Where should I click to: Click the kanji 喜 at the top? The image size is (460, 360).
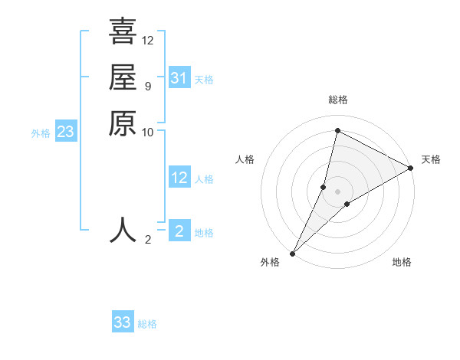click(x=123, y=31)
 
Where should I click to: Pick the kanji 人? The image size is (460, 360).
click(x=123, y=230)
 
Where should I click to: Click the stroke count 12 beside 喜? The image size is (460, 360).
click(x=148, y=40)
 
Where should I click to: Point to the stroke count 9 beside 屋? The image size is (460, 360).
click(x=147, y=86)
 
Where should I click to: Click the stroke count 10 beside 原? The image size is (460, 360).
click(x=148, y=132)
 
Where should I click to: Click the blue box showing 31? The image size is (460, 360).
click(x=179, y=78)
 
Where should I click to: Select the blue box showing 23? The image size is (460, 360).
click(x=65, y=133)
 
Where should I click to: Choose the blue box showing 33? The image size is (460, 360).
click(x=122, y=322)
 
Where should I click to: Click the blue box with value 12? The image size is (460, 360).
click(x=179, y=178)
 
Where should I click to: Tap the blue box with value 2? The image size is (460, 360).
click(x=179, y=231)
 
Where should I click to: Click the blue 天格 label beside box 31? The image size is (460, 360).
click(x=204, y=80)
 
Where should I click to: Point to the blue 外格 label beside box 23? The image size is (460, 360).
click(x=41, y=133)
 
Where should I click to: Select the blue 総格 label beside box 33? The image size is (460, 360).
click(x=147, y=324)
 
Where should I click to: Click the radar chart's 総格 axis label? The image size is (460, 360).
click(x=338, y=100)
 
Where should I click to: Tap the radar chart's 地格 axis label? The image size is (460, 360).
click(x=402, y=263)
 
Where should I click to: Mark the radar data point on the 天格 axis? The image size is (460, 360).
click(x=411, y=169)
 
